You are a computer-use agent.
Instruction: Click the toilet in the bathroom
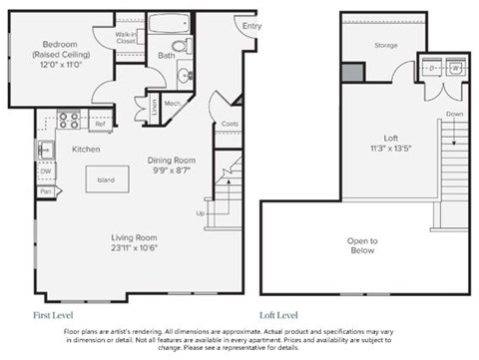pos(181,47)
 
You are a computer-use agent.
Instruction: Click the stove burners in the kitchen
pos(69,121)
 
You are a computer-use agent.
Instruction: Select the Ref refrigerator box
pos(101,125)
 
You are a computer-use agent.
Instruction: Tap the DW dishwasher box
pos(46,172)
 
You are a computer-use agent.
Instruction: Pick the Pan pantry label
pos(46,189)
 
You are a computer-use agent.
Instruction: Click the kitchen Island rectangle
pos(106,180)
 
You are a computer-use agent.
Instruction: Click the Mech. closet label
pos(171,102)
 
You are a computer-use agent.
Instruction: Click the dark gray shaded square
pos(351,72)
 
